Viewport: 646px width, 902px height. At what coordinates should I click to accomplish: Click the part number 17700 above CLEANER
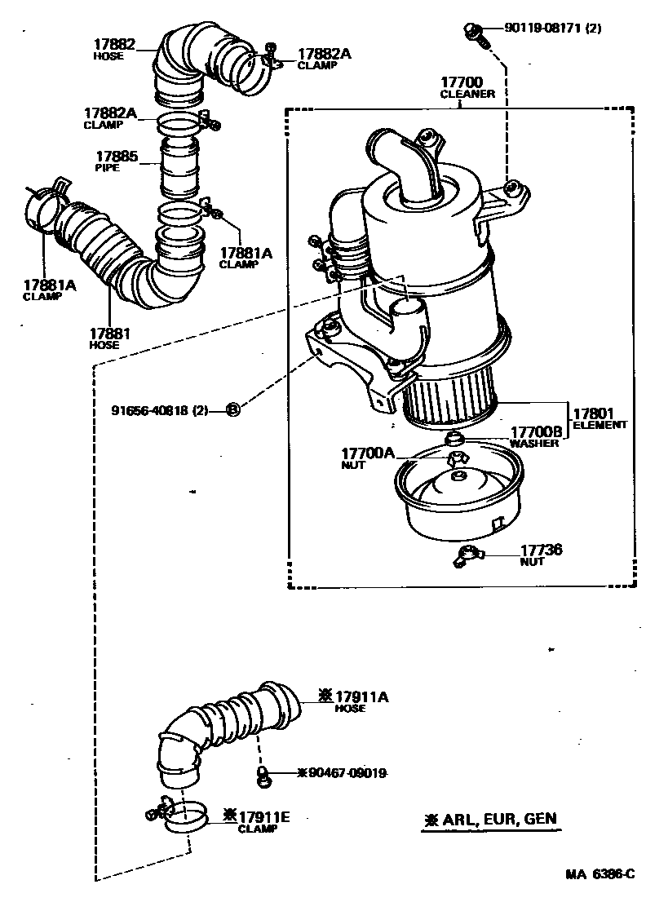pos(462,82)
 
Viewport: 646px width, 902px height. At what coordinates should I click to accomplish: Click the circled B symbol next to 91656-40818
pos(232,409)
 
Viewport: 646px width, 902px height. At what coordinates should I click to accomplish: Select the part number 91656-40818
pos(161,410)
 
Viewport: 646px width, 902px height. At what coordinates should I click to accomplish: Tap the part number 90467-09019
pos(342,772)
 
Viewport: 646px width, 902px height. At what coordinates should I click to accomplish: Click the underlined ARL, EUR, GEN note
pos(492,820)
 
